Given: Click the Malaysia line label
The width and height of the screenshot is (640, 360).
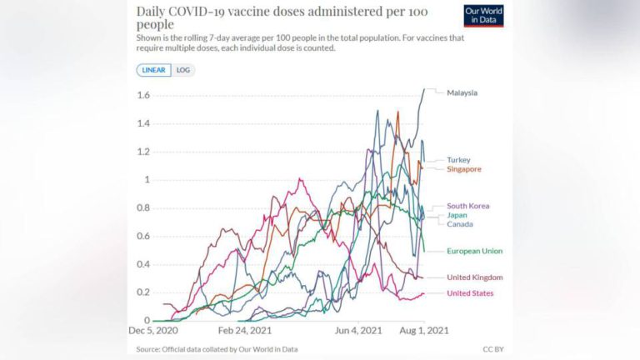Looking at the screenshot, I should coord(462,92).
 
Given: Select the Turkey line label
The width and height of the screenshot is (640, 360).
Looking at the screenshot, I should coord(458,159).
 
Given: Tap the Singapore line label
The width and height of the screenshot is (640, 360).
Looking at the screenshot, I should coord(464,169).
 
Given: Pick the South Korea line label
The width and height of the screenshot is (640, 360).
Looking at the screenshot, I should coord(467,206).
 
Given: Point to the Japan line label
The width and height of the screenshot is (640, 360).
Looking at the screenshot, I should coord(457,215).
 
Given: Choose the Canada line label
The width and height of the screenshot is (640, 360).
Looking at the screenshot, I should coord(459,224).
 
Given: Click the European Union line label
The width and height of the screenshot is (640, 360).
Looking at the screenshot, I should coord(474,251).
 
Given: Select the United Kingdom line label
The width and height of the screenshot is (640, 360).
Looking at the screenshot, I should coord(474,277).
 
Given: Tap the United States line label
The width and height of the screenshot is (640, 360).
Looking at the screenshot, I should coord(470,293).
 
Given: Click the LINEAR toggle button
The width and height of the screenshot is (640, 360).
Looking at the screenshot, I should coord(154,70).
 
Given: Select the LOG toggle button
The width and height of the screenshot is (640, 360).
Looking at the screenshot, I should coord(183,70).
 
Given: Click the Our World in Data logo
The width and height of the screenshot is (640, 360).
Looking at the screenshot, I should coord(483,16).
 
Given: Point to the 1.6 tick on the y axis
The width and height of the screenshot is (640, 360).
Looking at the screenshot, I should coord(143,96).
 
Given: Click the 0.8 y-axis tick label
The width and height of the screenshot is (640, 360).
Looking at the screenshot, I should coord(143,208).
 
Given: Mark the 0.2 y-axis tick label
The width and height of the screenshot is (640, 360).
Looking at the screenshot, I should coord(143,292).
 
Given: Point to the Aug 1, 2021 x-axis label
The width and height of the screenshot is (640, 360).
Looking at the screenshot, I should coord(425,331).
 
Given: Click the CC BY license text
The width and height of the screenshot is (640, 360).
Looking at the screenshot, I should coord(492,349).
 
